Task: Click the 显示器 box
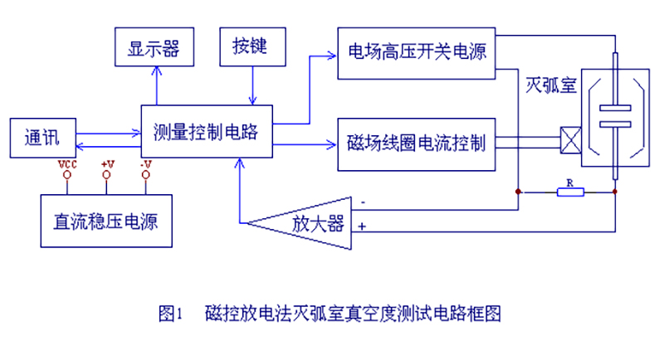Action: (154, 47)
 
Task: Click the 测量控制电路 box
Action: (207, 131)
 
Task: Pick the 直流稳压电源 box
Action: (107, 221)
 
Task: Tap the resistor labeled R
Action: (569, 192)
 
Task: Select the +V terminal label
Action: (108, 164)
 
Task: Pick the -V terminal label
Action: (146, 164)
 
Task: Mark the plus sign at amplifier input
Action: (362, 226)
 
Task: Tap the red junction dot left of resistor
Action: (519, 192)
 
